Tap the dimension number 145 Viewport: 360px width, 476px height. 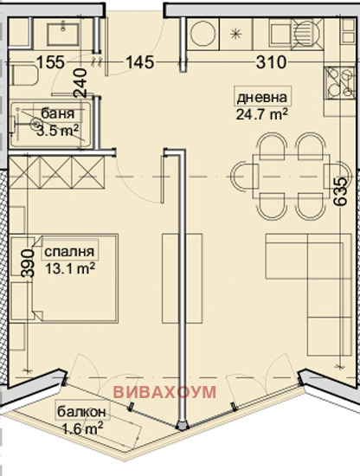140,62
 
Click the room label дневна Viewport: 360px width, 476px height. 261,96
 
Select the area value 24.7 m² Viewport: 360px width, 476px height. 261,112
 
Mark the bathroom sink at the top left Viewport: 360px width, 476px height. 61,35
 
